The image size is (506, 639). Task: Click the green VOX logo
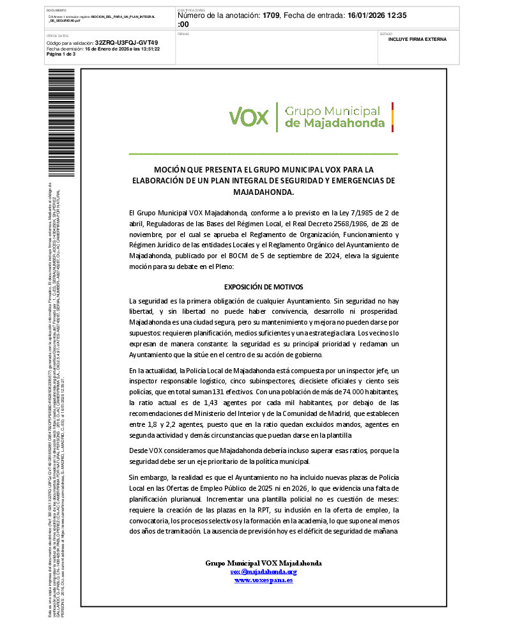click(249, 117)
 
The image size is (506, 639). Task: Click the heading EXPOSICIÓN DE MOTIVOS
click(263, 287)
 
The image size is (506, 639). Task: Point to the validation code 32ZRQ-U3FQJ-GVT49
click(126, 42)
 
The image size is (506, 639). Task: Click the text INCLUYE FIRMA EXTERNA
click(417, 39)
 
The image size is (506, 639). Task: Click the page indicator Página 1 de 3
click(61, 54)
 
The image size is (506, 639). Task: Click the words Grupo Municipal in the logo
click(332, 111)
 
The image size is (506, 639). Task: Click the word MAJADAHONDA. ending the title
click(263, 192)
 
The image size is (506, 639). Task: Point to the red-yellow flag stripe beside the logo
click(392, 116)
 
